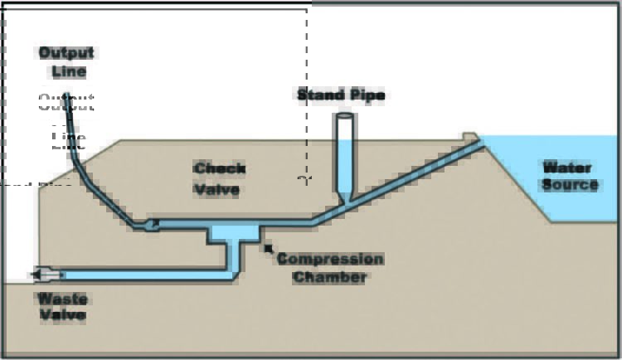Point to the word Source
(x=570, y=184)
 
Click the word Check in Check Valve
(x=219, y=169)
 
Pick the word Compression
(x=330, y=259)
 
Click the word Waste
(x=60, y=299)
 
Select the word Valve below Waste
(x=60, y=315)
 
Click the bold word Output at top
(x=66, y=53)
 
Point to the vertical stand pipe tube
(x=345, y=158)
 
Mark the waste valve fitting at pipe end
(x=46, y=275)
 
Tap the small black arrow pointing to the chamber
(x=268, y=248)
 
